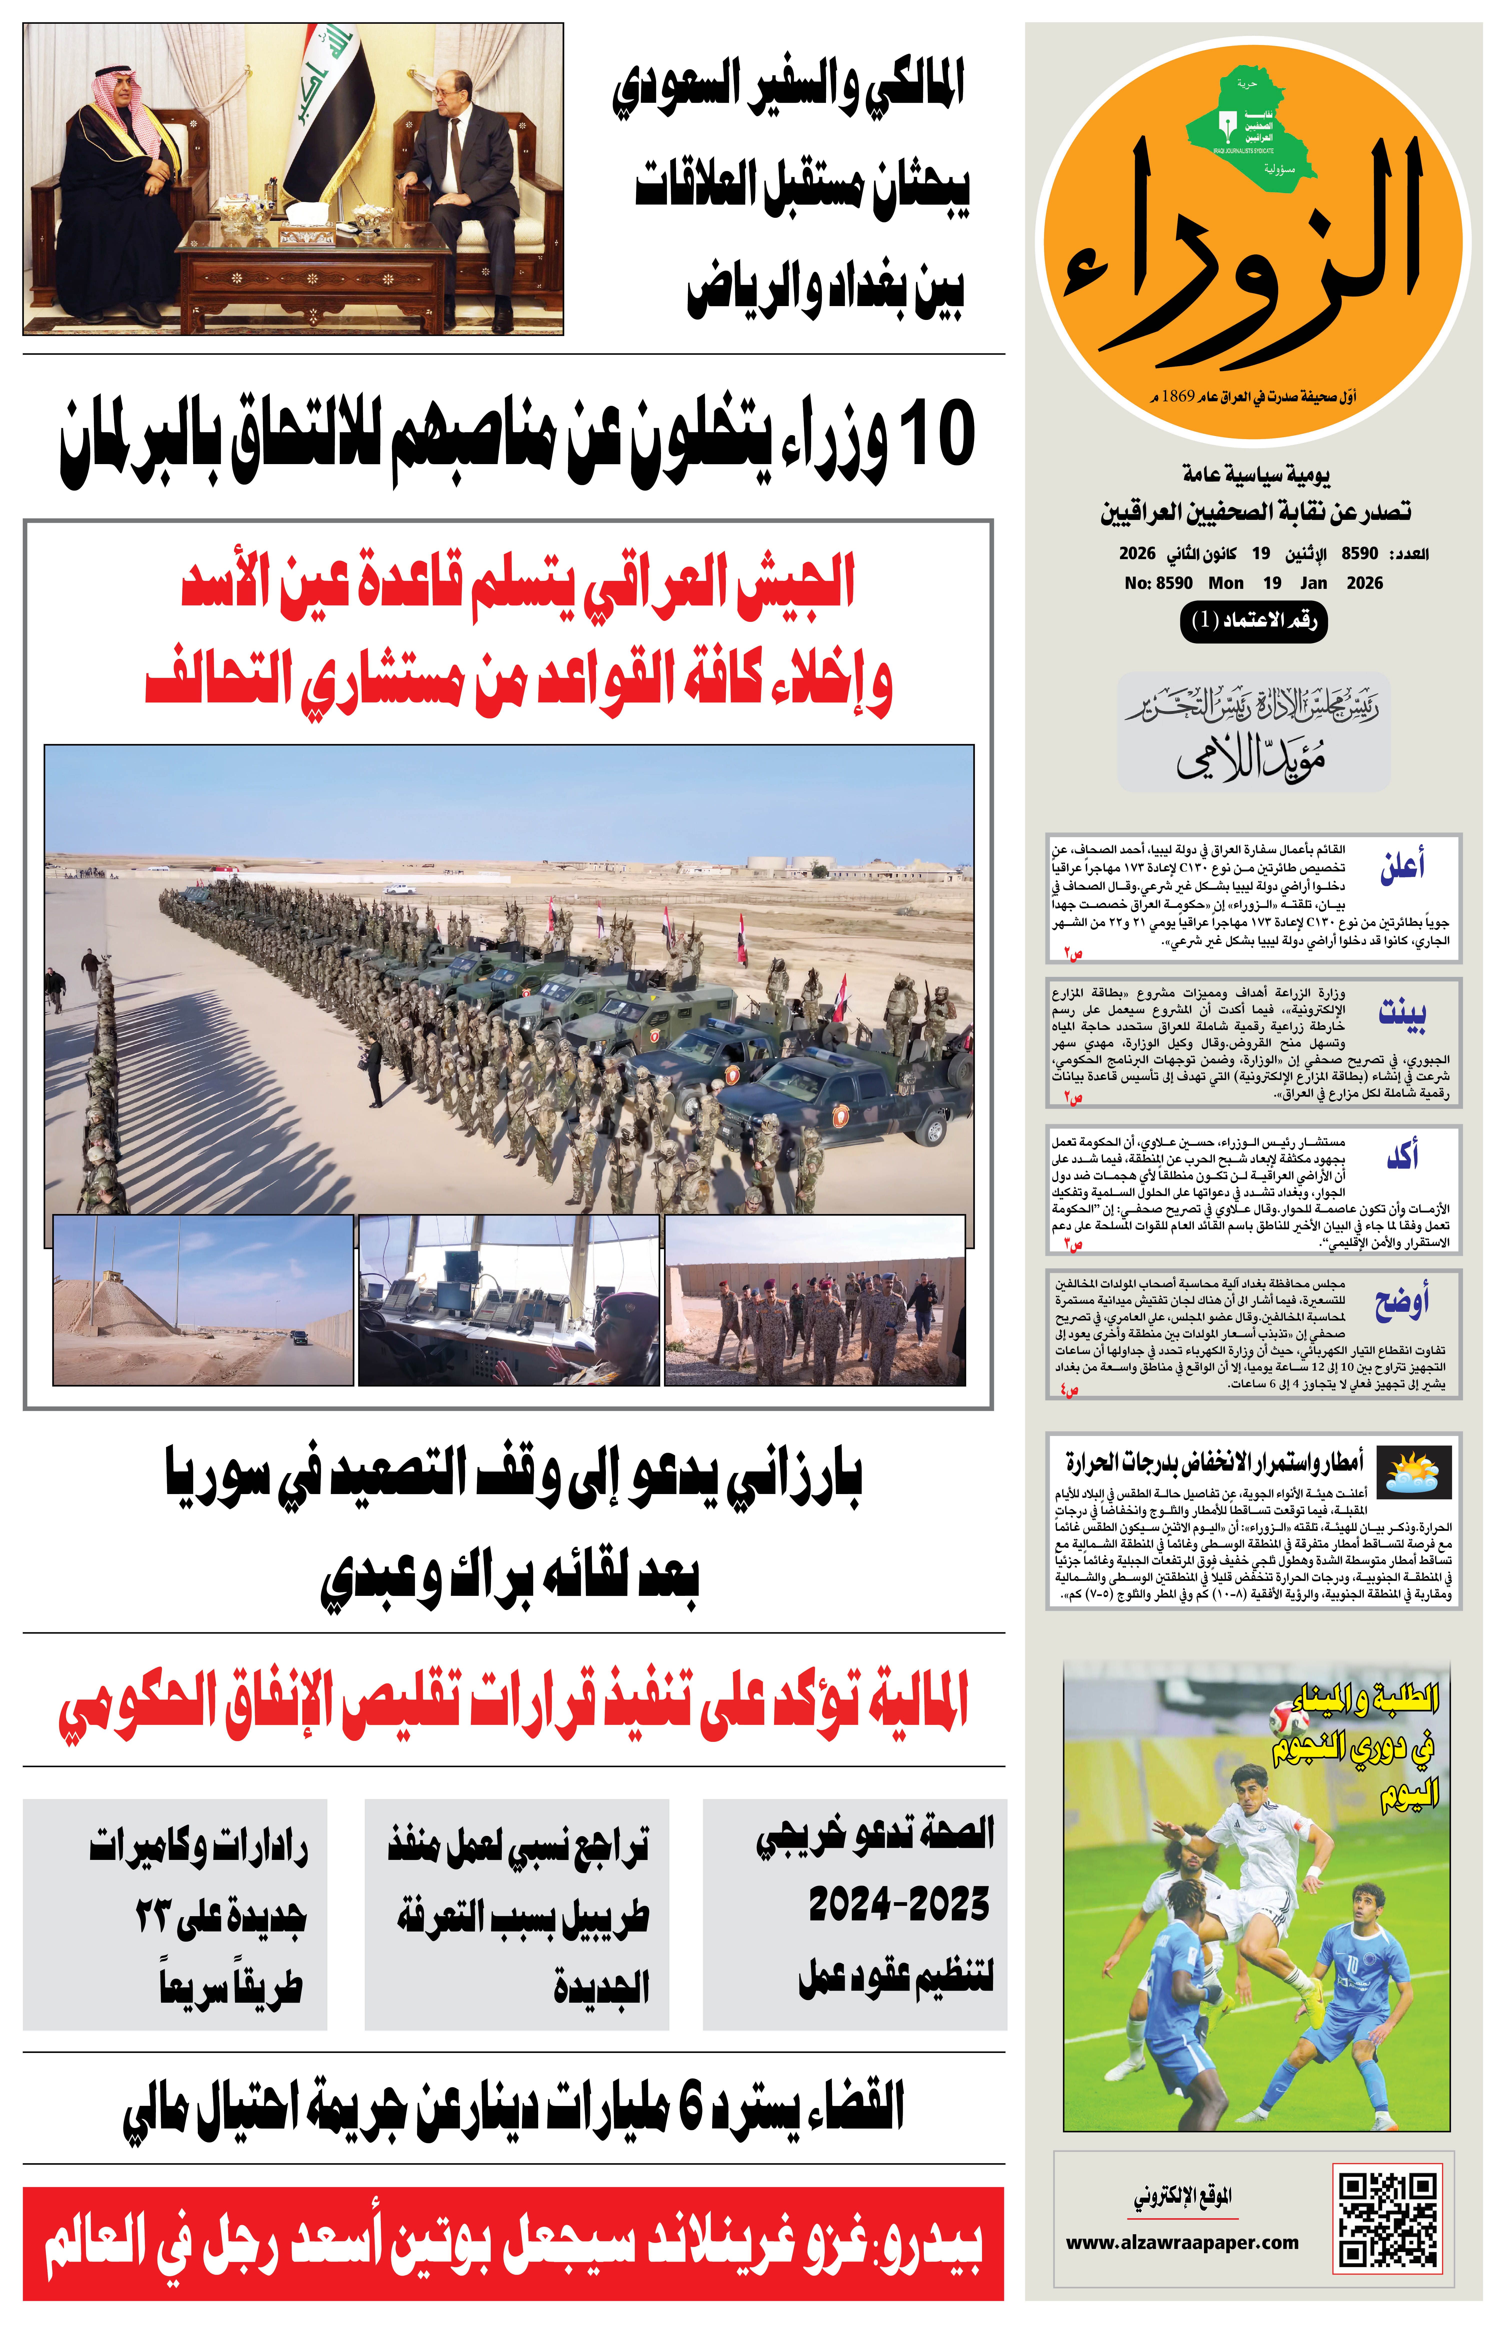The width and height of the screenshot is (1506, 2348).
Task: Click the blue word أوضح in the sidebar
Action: click(1402, 1301)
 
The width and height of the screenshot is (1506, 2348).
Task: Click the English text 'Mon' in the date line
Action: click(1225, 583)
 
